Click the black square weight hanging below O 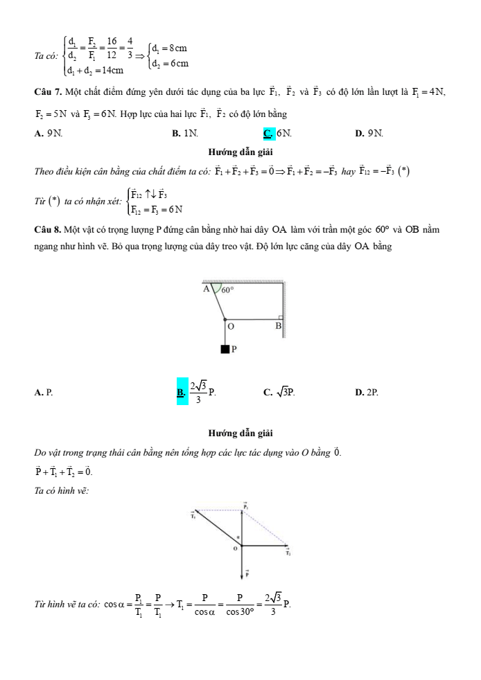coord(225,349)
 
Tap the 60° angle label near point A coord(228,291)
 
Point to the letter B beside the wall coord(279,325)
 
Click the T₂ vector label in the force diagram coord(288,552)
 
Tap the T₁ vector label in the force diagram coord(193,514)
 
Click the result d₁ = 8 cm coord(170,48)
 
